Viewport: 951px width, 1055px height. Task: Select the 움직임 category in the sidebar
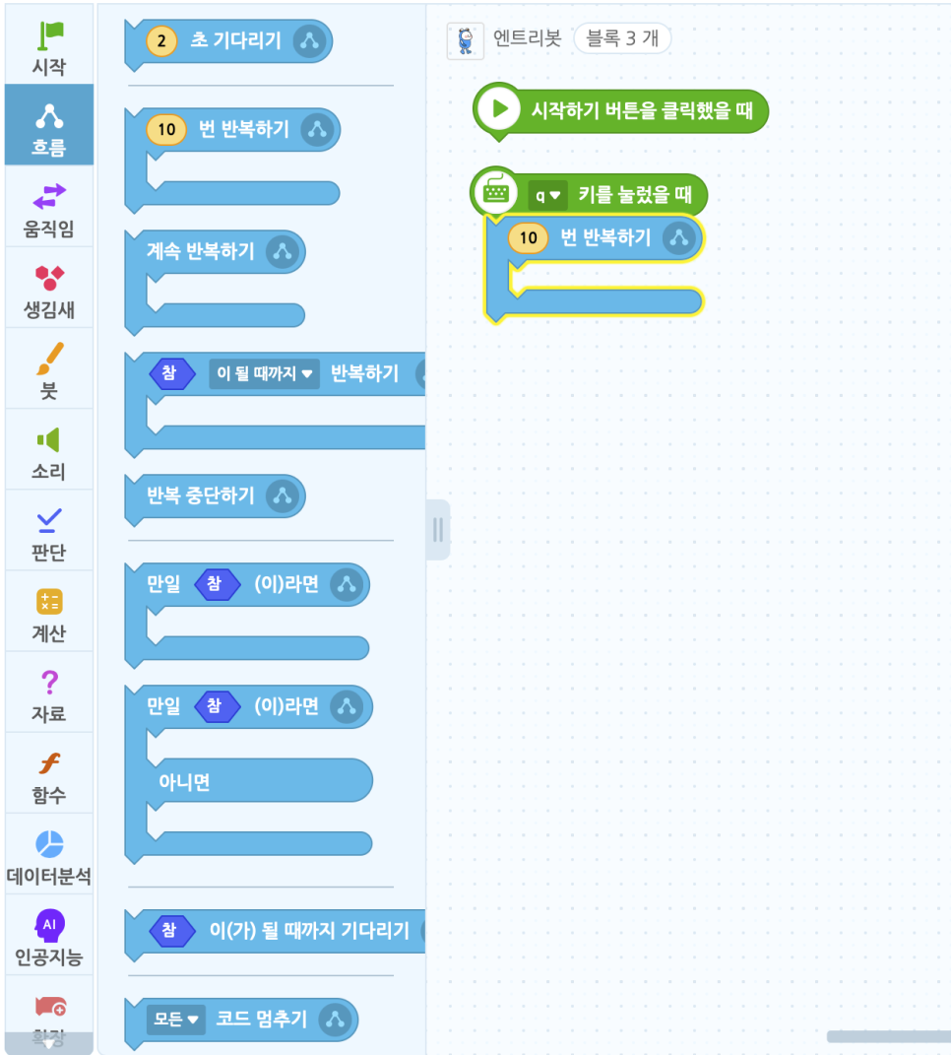click(x=48, y=209)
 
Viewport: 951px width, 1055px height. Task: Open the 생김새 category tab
click(x=48, y=290)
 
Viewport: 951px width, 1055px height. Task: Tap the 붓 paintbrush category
click(x=48, y=370)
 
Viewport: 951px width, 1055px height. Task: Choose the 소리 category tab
click(x=48, y=451)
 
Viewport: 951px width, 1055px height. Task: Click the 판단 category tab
click(x=48, y=532)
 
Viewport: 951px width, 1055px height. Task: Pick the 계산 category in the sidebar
click(x=48, y=613)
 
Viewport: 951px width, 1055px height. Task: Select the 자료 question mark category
click(x=48, y=693)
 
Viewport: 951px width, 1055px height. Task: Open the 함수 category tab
click(x=48, y=774)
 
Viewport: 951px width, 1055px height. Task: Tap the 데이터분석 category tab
click(x=48, y=855)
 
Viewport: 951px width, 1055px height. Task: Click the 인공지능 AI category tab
click(x=48, y=936)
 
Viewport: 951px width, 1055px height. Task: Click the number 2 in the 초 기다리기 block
click(x=161, y=41)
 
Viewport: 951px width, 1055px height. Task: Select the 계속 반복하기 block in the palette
click(x=201, y=252)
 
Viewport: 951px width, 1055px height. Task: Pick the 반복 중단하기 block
click(x=201, y=495)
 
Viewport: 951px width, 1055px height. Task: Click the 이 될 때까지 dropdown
click(x=264, y=374)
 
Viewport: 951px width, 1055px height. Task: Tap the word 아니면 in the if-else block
click(x=184, y=782)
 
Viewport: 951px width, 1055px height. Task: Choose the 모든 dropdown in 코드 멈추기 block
click(x=175, y=1020)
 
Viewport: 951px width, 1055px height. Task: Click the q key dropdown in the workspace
click(x=547, y=195)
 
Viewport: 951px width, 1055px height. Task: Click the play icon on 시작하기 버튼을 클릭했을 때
click(x=500, y=109)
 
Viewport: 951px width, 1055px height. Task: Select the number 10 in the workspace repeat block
click(x=529, y=237)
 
